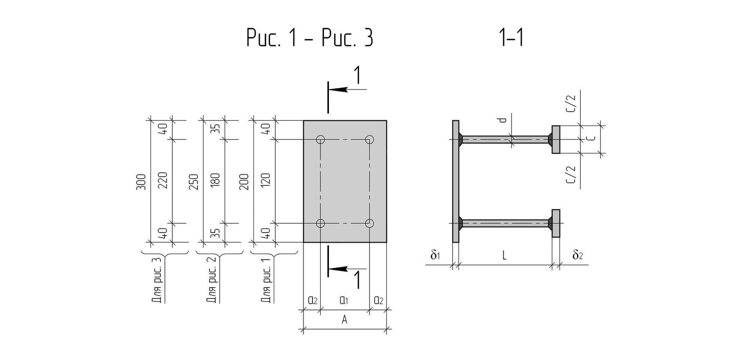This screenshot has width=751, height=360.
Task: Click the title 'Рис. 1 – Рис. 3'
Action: point(310,38)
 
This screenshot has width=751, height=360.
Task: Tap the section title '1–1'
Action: point(512,38)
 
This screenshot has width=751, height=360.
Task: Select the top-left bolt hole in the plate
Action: point(321,139)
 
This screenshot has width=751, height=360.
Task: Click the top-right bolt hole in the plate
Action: point(370,139)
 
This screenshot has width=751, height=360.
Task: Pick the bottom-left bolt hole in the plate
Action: point(321,223)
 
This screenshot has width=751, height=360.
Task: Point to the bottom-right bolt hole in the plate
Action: point(370,223)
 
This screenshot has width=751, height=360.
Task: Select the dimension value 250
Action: point(194,182)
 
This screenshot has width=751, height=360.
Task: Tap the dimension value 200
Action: point(244,182)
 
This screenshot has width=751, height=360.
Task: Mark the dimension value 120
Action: point(266,181)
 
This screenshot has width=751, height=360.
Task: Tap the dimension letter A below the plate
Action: point(345,320)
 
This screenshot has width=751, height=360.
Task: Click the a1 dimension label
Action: point(344,301)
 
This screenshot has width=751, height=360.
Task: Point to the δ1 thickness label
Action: point(435,255)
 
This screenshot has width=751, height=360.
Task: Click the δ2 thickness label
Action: point(578,255)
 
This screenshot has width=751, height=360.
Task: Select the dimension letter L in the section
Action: point(505,256)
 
